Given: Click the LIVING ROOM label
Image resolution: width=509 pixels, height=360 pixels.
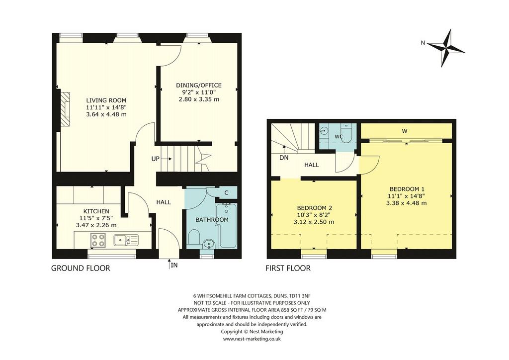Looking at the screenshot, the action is point(106,100).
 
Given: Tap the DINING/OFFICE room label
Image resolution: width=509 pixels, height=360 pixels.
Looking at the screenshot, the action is point(199,86).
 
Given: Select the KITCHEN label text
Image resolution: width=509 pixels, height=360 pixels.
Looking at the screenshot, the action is point(96,211).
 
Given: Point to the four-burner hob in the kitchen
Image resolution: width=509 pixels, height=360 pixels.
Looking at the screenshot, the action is point(98,240).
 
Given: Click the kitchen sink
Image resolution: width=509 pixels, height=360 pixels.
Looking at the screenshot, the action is point(126,240).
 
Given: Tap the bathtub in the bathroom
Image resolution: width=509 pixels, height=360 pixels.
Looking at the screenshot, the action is point(226,225).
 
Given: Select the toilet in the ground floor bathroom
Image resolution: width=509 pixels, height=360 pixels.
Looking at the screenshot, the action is point(194,237).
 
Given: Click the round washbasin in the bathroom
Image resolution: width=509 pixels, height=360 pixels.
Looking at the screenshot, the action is point(208,244).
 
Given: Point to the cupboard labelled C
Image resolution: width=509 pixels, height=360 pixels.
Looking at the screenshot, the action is point(226,192).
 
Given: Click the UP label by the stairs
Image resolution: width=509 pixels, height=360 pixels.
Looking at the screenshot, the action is point(156,159).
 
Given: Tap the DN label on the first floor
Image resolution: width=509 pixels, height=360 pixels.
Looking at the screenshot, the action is point(284,158).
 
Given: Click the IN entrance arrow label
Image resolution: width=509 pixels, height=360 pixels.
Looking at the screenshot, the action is point(174,265).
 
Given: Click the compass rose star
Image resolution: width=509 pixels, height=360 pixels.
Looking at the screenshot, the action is point(446,48).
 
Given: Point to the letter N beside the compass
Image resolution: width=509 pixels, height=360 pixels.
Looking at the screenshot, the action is point(423,43).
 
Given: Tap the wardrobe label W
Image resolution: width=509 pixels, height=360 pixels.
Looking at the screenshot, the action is point(405,131).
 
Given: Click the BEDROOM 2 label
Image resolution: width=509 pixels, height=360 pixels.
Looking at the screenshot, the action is point(315,208).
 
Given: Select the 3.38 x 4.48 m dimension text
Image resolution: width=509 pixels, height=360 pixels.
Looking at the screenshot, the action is point(407,203).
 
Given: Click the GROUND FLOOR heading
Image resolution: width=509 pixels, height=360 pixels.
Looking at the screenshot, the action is point(81,268).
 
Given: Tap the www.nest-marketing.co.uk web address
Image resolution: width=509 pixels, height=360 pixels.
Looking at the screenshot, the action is point(252,339).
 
